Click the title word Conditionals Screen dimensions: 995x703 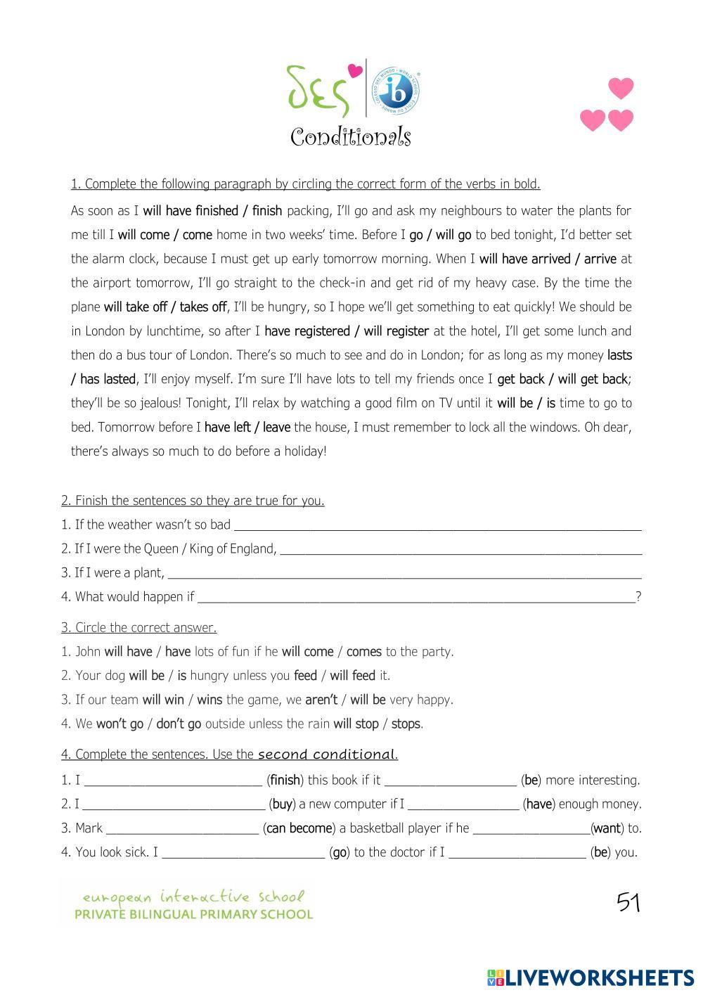(x=350, y=137)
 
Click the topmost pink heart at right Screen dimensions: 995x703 (x=621, y=89)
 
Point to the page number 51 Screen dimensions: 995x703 (x=628, y=902)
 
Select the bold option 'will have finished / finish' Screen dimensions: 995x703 (x=212, y=211)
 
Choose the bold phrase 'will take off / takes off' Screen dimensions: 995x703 (x=165, y=307)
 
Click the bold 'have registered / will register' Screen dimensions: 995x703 (x=347, y=331)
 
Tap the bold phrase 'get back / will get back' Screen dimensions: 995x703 (x=562, y=379)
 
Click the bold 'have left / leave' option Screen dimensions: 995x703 (x=247, y=428)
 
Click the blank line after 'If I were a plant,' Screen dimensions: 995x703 (x=404, y=574)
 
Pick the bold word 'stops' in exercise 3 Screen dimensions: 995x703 (x=406, y=724)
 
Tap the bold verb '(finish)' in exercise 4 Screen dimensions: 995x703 (x=285, y=780)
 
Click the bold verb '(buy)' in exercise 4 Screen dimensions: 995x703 (x=282, y=804)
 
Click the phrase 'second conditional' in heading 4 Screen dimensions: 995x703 (x=326, y=755)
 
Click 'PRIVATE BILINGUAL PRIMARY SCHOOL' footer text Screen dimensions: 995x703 (x=194, y=915)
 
